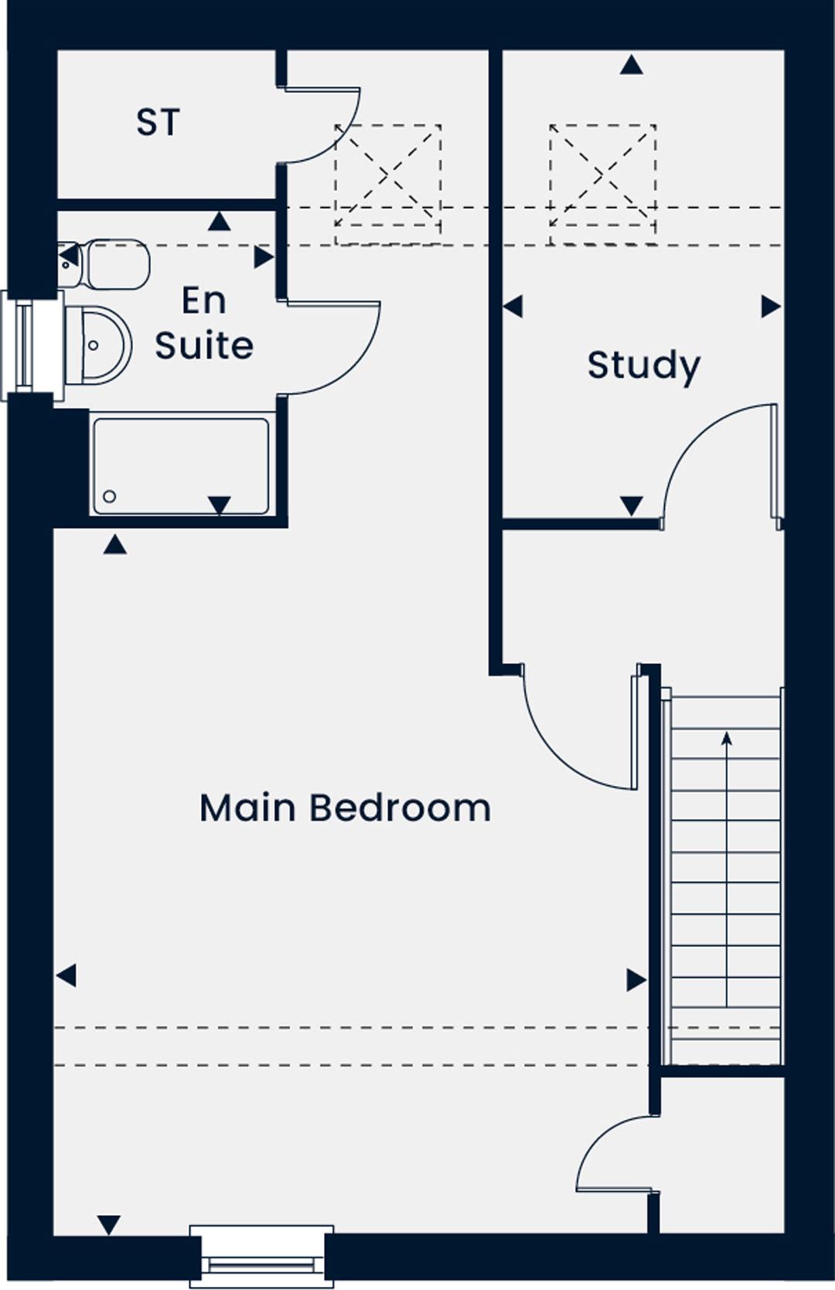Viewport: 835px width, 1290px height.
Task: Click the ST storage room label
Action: click(x=158, y=122)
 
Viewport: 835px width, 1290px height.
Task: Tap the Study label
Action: click(x=644, y=366)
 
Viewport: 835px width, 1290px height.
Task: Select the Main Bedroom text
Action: click(x=345, y=808)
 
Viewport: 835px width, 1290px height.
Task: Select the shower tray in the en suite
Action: click(x=181, y=466)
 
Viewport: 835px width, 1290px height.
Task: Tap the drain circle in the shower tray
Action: click(x=110, y=496)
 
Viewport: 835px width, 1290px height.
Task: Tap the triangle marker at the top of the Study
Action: click(x=632, y=65)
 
